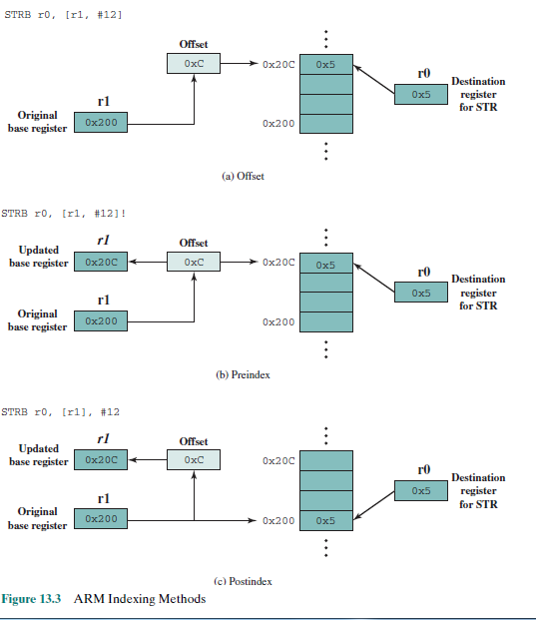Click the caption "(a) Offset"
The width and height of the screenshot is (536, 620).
tap(243, 175)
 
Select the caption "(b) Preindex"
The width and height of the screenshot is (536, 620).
tap(243, 374)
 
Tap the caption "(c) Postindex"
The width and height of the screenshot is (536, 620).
tap(243, 580)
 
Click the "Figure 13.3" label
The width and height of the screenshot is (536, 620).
tap(32, 599)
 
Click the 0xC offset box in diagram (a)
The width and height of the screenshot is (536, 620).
tap(194, 63)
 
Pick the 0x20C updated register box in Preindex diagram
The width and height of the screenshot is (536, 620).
tap(102, 263)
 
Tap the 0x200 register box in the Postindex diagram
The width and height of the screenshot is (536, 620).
tap(102, 519)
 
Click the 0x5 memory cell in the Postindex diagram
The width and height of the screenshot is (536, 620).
tap(325, 520)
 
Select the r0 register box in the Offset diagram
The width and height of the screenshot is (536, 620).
tap(421, 94)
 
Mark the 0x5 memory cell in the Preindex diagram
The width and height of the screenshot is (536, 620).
tap(325, 266)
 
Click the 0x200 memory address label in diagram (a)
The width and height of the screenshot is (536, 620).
tap(278, 124)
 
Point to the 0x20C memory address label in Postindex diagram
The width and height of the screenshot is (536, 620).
tap(278, 461)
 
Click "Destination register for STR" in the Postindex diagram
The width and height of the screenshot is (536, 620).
tap(478, 490)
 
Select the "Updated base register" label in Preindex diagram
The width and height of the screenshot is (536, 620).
tap(39, 256)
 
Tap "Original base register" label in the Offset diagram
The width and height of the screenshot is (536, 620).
tap(39, 121)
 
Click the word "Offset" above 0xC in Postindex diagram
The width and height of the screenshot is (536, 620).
tap(194, 441)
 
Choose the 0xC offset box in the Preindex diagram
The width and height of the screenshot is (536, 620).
tap(194, 263)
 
